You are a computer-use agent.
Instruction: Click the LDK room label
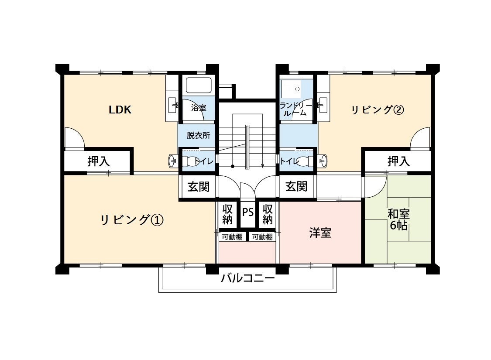point(120,110)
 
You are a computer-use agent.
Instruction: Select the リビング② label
point(378,110)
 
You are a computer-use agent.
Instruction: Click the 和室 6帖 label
point(398,219)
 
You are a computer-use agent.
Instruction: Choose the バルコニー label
point(248,278)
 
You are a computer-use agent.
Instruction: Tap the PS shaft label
point(248,213)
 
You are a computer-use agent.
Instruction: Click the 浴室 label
point(199,108)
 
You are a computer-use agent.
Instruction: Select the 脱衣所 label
point(199,135)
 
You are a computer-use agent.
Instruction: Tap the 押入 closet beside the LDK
point(98,161)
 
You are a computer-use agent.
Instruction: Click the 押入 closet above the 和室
point(398,161)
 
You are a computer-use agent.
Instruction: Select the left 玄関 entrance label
point(199,187)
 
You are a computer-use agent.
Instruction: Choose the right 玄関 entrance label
point(296,187)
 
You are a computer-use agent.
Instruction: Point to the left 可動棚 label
point(232,237)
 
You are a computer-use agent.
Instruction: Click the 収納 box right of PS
point(268,214)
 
